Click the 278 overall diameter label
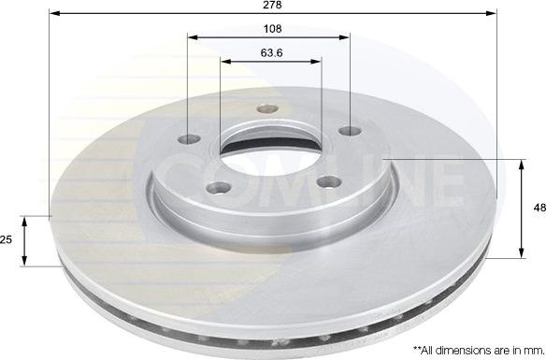pyautogui.click(x=272, y=6)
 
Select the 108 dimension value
pyautogui.click(x=270, y=28)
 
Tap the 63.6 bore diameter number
pyautogui.click(x=270, y=52)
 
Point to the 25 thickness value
pyautogui.click(x=7, y=240)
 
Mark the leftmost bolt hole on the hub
pyautogui.click(x=193, y=140)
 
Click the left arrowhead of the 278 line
pyautogui.click(x=52, y=15)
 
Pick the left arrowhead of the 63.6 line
pyautogui.click(x=224, y=63)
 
